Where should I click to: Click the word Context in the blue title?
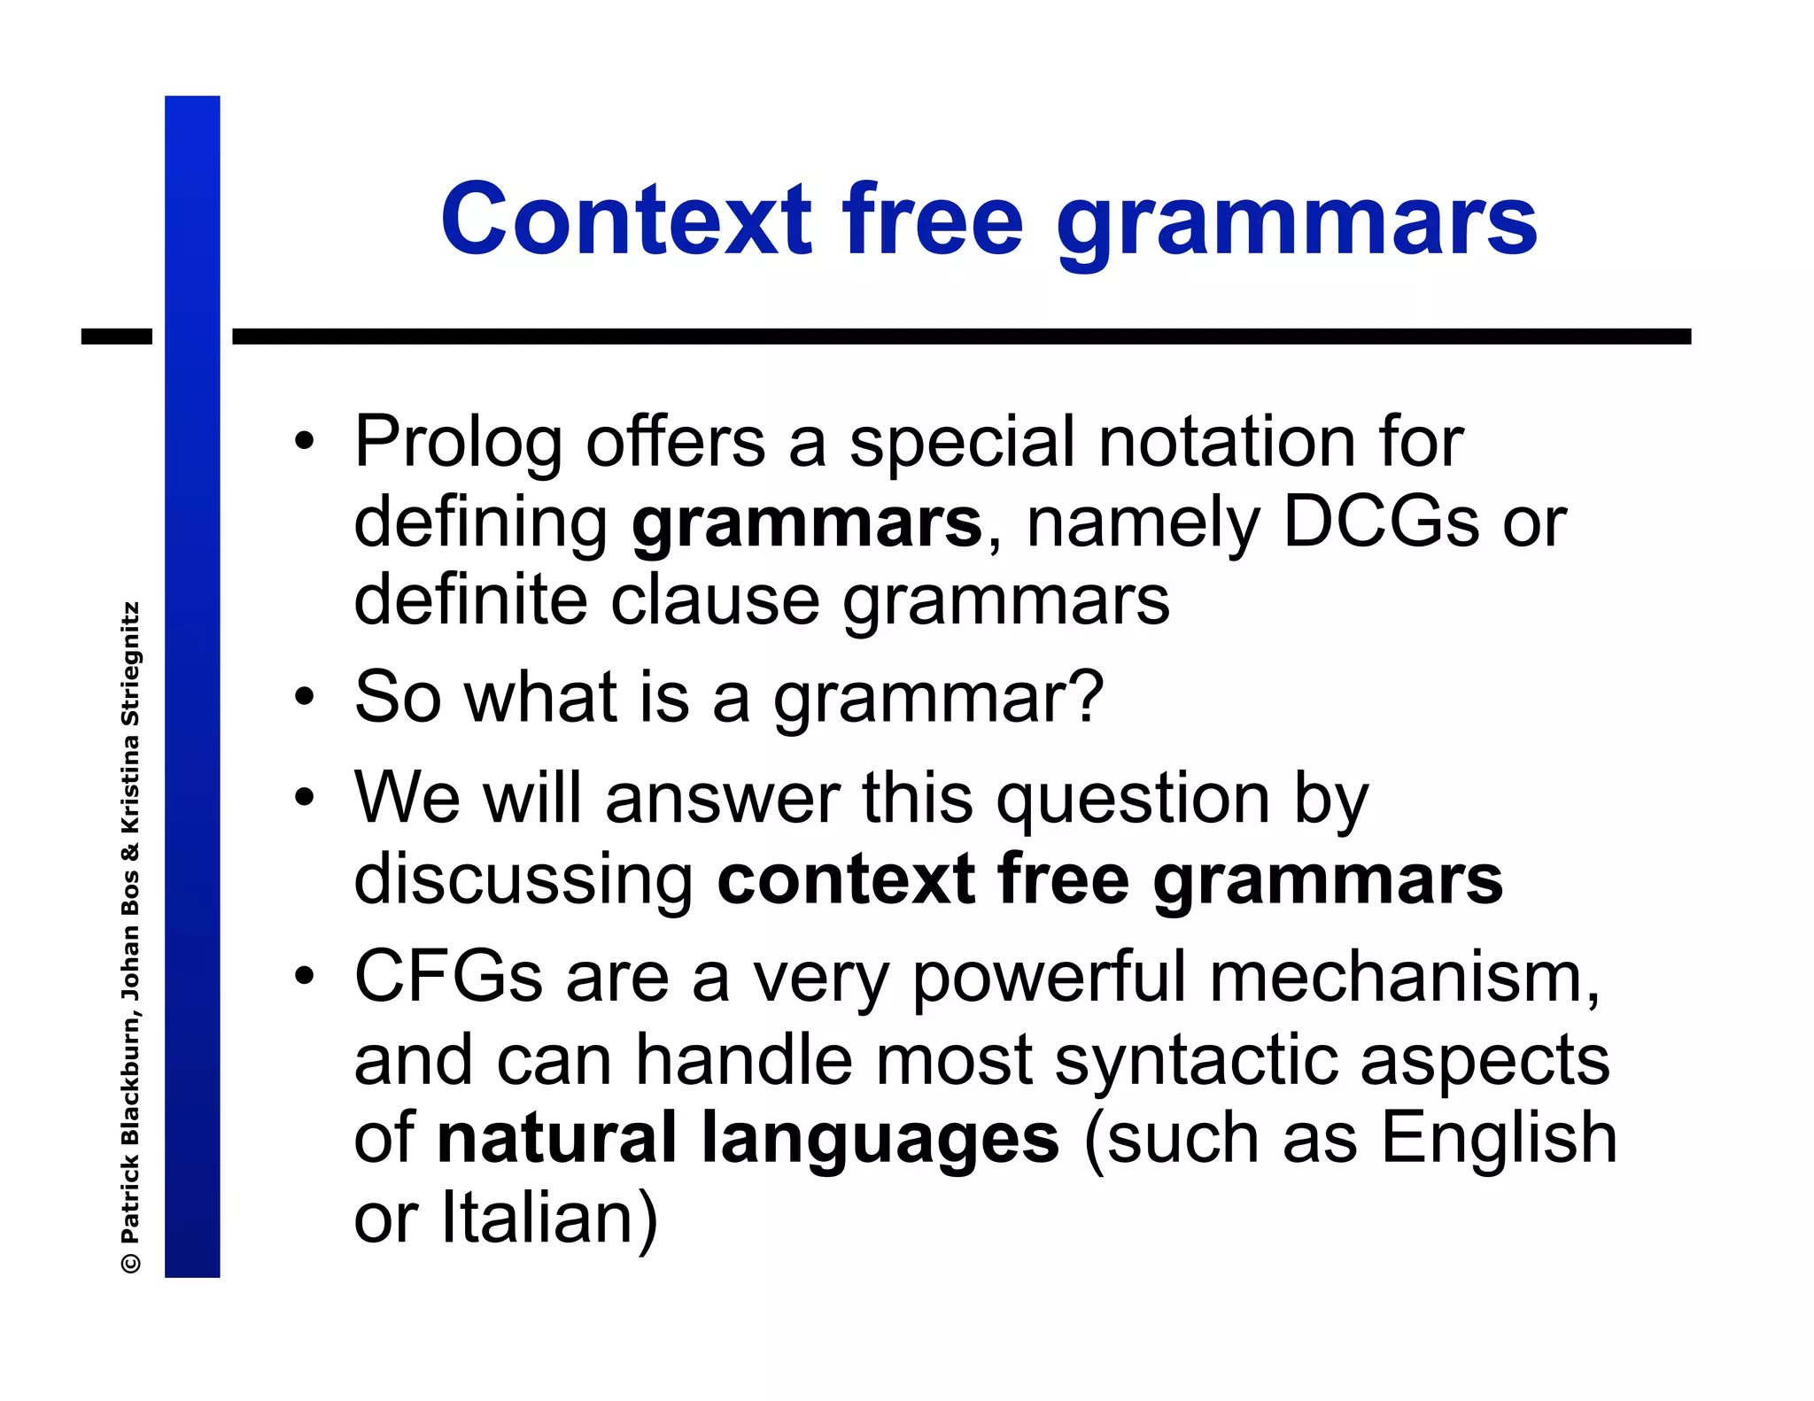coord(625,220)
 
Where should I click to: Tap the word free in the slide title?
coord(933,220)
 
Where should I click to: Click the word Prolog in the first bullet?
coord(458,443)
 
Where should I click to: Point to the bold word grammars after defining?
coord(806,524)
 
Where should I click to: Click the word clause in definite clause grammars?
coord(715,600)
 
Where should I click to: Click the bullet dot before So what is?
coord(305,697)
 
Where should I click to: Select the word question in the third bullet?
coord(1134,800)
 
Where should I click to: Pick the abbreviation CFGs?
coord(448,977)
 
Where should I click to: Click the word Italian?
coord(549,1218)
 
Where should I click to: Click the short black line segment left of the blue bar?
coord(116,337)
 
